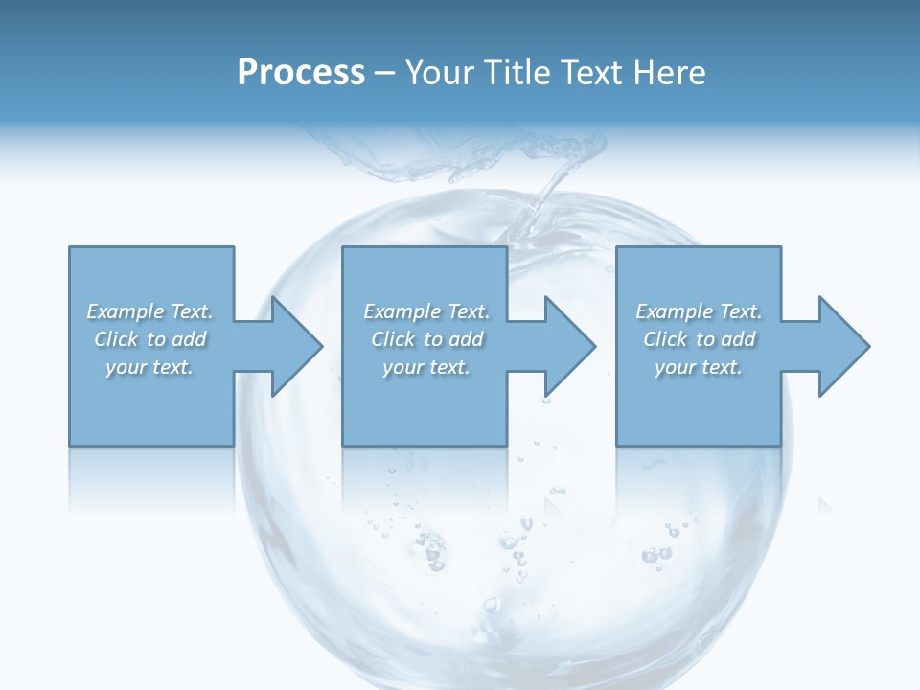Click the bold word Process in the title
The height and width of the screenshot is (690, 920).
pyautogui.click(x=301, y=73)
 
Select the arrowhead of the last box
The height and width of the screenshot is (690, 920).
pyautogui.click(x=842, y=346)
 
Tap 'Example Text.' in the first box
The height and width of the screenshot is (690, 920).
pyautogui.click(x=149, y=311)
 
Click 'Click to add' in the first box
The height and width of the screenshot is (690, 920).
pyautogui.click(x=149, y=339)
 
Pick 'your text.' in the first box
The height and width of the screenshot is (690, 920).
pyautogui.click(x=149, y=367)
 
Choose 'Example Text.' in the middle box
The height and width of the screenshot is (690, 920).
pyautogui.click(x=426, y=311)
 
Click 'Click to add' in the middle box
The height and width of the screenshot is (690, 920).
pyautogui.click(x=426, y=339)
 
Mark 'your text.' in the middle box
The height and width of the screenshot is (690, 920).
pyautogui.click(x=426, y=367)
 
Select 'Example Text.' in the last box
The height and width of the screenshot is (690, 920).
pyautogui.click(x=699, y=311)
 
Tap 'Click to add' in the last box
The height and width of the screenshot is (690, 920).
pyautogui.click(x=699, y=339)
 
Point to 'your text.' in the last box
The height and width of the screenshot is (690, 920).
pyautogui.click(x=699, y=367)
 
